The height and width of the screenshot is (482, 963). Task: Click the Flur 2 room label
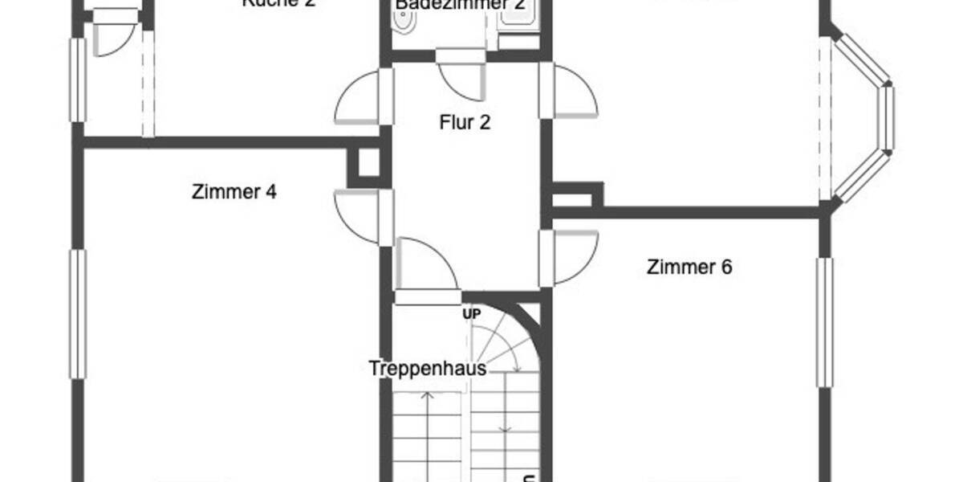point(465,123)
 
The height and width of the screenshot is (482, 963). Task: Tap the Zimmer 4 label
point(234,193)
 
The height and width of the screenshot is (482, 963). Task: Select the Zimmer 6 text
point(689,268)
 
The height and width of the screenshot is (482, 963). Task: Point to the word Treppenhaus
point(428,369)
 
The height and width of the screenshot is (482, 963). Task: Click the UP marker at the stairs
point(471,314)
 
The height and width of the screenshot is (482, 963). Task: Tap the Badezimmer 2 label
point(461,5)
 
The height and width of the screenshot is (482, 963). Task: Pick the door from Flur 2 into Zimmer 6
point(571,257)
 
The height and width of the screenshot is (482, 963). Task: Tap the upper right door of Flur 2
point(571,91)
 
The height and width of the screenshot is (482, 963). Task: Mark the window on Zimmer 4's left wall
point(78,313)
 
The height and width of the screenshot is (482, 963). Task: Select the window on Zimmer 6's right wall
point(824,321)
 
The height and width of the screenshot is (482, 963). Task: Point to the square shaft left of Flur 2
point(368,164)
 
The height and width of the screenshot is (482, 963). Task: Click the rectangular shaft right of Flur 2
point(576,195)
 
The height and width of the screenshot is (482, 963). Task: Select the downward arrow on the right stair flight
point(505,418)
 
